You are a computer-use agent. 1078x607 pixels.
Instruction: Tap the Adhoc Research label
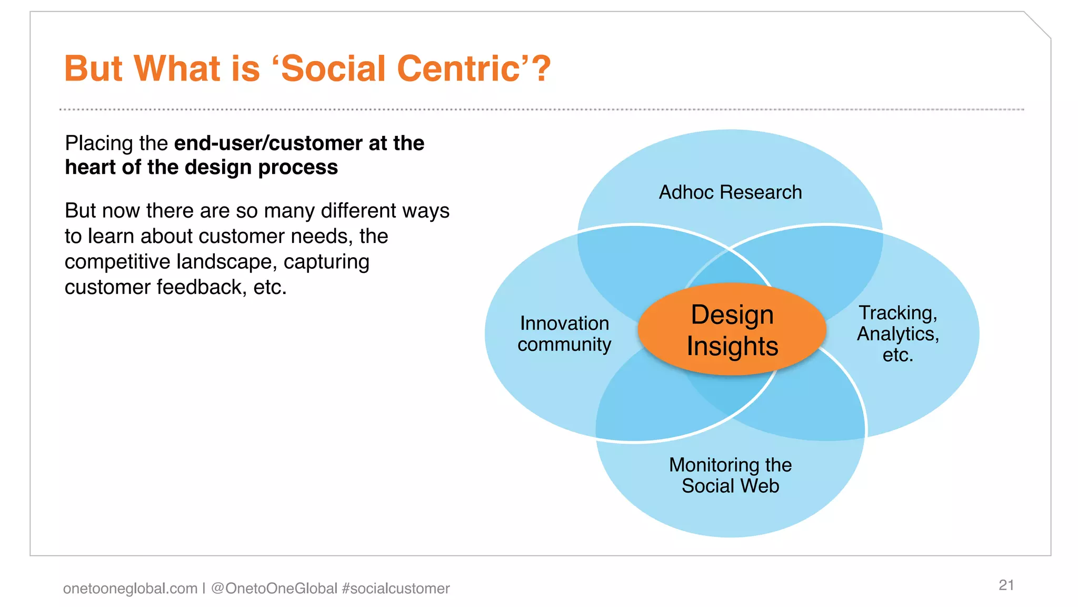730,192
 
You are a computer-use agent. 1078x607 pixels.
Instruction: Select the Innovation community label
564,334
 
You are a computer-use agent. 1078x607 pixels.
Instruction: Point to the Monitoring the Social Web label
730,475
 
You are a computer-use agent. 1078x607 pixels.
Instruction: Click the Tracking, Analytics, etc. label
898,334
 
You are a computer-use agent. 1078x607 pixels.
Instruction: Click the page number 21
1006,585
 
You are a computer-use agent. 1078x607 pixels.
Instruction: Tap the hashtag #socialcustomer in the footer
396,588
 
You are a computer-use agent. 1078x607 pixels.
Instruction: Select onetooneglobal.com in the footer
130,588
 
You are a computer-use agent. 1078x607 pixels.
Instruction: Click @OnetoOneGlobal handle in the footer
274,588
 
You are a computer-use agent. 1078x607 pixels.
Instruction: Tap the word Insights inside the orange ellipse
732,346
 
